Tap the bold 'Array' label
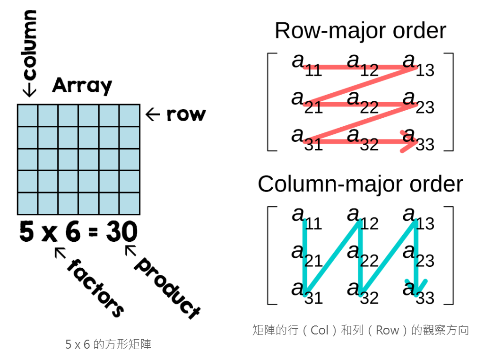tap(82, 86)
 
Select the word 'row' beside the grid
tap(185, 114)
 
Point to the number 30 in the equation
tap(121, 232)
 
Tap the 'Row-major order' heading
tap(360, 31)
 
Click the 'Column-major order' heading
tap(360, 184)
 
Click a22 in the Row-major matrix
tap(362, 102)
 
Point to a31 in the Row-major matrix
tap(306, 139)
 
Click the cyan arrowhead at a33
tap(416, 286)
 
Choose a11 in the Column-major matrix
tap(306, 218)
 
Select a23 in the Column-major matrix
tap(418, 255)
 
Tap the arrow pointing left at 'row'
tap(153, 114)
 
